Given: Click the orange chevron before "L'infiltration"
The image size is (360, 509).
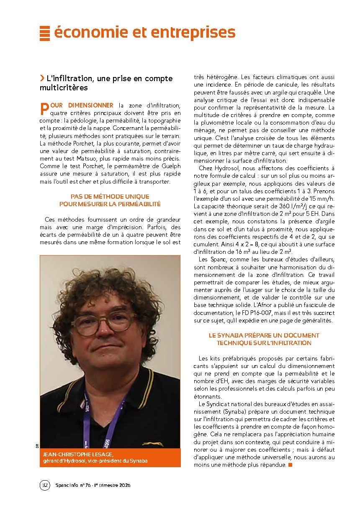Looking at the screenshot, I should click(42, 78).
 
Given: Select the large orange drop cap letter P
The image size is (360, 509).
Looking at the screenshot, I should click(44, 108).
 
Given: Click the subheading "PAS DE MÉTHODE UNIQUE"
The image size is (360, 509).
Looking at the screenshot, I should click(110, 196).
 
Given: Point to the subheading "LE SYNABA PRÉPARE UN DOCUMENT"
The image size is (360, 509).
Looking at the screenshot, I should click(264, 335).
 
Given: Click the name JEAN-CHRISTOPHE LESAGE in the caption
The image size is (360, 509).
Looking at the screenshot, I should click(78, 454).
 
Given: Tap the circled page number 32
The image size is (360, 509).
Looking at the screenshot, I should click(45, 485).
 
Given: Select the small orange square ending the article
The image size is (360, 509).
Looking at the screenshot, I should click(290, 465).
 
